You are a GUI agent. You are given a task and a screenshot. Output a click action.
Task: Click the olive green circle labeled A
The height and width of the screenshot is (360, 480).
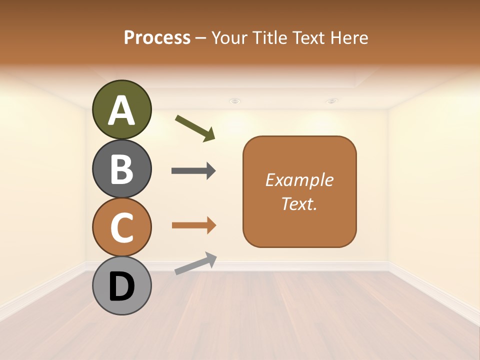tap(122, 109)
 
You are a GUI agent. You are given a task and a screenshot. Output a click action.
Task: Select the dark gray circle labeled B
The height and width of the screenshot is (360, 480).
tap(122, 169)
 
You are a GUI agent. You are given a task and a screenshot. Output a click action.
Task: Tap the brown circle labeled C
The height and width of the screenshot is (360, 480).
tap(122, 227)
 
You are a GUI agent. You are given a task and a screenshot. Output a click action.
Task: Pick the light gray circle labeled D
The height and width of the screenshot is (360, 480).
tap(122, 286)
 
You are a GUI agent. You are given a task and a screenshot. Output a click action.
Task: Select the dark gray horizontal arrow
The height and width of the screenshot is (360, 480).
tap(193, 171)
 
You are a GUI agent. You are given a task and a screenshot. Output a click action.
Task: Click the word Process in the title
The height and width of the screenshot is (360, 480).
tap(157, 37)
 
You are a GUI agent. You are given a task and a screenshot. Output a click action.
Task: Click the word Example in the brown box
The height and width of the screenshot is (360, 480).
tap(299, 180)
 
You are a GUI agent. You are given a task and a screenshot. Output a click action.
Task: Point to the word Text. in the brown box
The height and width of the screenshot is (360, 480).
tap(299, 203)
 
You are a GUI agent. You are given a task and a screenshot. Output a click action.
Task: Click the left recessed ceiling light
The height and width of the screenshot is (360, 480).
tap(234, 101)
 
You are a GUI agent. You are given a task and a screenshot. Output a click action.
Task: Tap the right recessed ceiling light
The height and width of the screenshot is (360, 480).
tap(332, 101)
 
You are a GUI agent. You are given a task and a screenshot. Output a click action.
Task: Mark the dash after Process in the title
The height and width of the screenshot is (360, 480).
tap(201, 38)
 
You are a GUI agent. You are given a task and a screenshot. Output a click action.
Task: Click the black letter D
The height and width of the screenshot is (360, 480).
tap(122, 287)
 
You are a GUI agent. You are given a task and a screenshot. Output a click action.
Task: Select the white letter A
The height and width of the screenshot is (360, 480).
tap(122, 110)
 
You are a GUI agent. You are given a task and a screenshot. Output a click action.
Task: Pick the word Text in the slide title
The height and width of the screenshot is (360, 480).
tap(309, 37)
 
